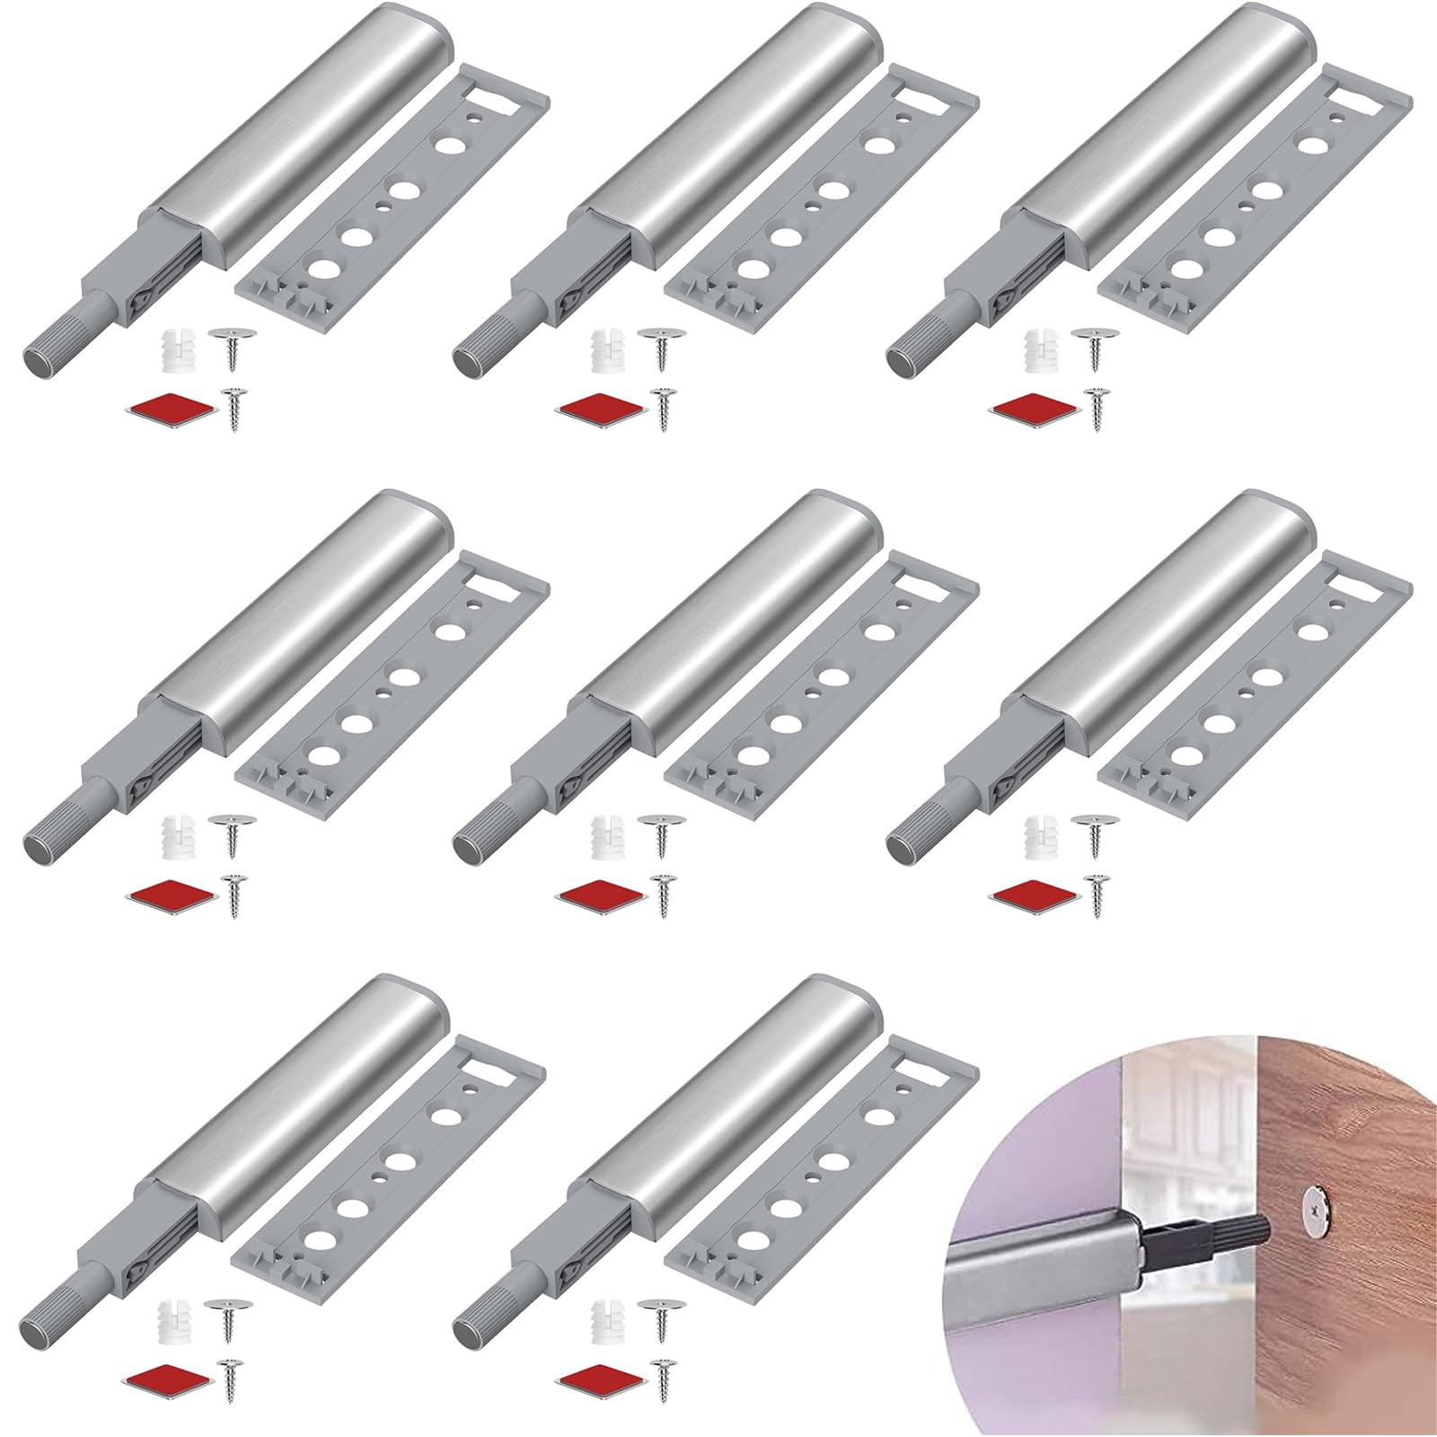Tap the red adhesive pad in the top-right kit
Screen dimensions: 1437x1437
coord(1033,409)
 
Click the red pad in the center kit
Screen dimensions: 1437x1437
coord(601,895)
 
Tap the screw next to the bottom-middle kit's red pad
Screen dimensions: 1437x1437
coord(666,1380)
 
